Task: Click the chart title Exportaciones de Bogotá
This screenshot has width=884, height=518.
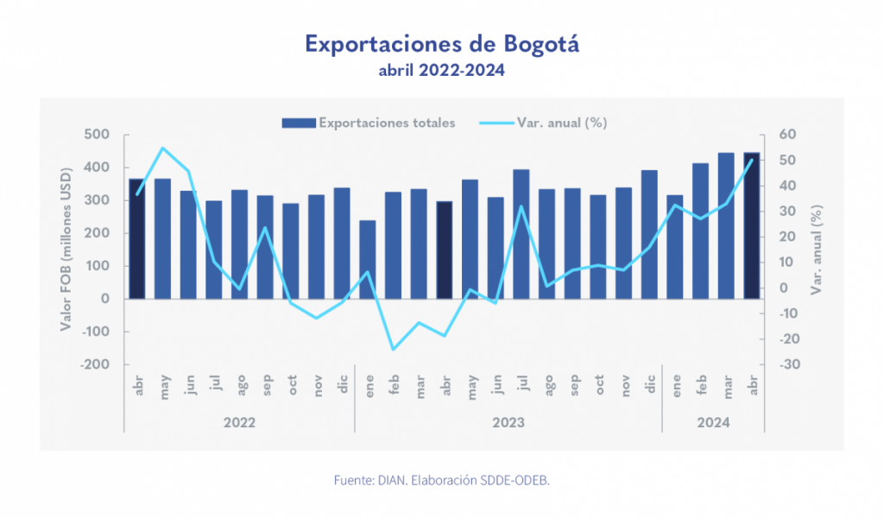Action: pos(441,44)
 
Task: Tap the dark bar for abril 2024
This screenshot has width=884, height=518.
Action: pos(752,225)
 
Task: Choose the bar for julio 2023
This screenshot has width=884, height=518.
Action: pos(521,234)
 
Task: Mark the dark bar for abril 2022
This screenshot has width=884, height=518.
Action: pos(136,238)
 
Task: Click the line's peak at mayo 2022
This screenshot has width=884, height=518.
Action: pos(162,148)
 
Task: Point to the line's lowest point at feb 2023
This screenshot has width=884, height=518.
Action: pos(393,350)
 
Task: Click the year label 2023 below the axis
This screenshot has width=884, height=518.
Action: pos(508,423)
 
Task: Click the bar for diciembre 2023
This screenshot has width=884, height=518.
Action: pos(649,234)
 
